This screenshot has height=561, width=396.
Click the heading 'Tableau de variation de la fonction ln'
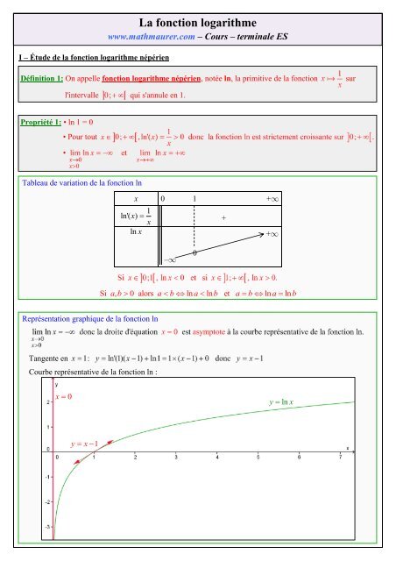pyautogui.click(x=83, y=183)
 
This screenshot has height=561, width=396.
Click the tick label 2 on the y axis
pyautogui.click(x=47, y=402)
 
